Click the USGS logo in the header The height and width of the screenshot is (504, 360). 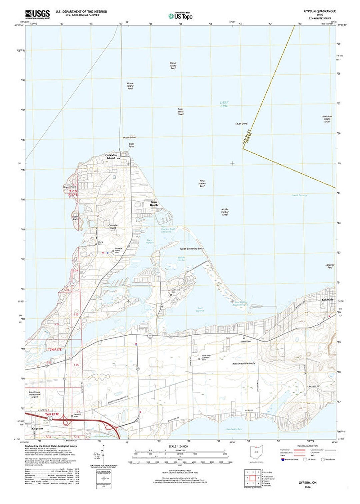pyautogui.click(x=37, y=14)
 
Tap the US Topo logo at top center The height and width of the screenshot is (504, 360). pyautogui.click(x=180, y=16)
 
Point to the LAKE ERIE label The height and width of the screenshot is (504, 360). pyautogui.click(x=224, y=104)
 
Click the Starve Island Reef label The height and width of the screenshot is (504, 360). pyautogui.click(x=173, y=65)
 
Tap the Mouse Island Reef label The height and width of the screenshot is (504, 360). pyautogui.click(x=130, y=86)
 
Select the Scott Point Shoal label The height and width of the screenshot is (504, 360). pyautogui.click(x=181, y=111)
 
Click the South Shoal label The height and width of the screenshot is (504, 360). pyautogui.click(x=241, y=124)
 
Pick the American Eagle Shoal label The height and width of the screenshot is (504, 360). pyautogui.click(x=327, y=119)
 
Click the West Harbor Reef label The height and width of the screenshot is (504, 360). pyautogui.click(x=202, y=183)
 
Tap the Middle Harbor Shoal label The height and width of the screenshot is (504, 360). pyautogui.click(x=225, y=212)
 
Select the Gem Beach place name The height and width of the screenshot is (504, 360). pyautogui.click(x=154, y=203)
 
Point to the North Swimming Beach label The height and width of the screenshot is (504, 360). pyautogui.click(x=192, y=249)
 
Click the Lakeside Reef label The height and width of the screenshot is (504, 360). pyautogui.click(x=330, y=266)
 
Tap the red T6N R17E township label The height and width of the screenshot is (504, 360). pyautogui.click(x=52, y=414)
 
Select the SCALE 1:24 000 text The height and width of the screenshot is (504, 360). pyautogui.click(x=178, y=446)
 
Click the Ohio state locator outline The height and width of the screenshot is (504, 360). pyautogui.click(x=256, y=452)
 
